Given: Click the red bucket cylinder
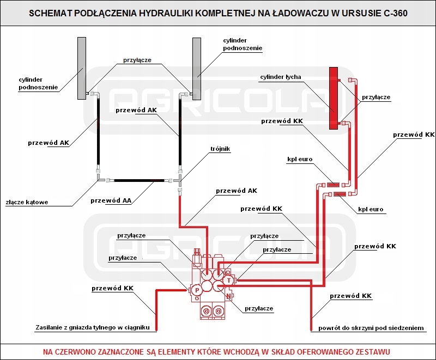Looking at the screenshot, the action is pos(334,99).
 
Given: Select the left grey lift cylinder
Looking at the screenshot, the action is pos(82,68).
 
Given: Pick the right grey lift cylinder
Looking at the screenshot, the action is pos(197,69).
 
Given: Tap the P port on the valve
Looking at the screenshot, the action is pos(197,290).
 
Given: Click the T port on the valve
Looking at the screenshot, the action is pos(228,280).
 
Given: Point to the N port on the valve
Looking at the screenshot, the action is pos(228,296).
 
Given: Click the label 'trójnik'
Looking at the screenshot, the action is pos(220,149).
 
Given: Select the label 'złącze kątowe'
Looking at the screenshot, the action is pos(27,202).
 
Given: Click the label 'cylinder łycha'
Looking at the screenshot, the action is pos(281,77).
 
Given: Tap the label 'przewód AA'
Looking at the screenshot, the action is pos(111,200).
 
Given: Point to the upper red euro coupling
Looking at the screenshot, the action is pos(332,185).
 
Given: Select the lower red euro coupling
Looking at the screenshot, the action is pos(340,194).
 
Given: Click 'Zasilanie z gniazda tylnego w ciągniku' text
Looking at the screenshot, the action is pos(93,327).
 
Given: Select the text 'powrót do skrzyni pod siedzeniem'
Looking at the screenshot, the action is pos(371,328).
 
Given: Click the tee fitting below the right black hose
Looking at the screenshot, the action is pos(179,181).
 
